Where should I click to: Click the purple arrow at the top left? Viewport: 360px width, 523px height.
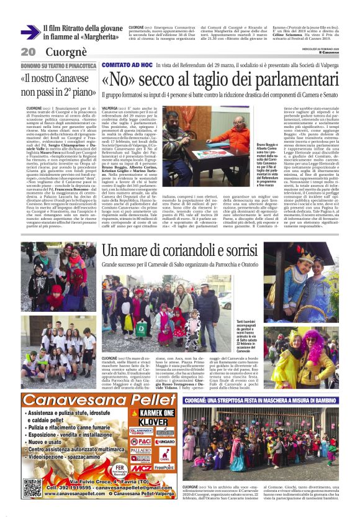(x=30, y=32)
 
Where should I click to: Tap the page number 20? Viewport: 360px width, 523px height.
(x=27, y=52)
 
